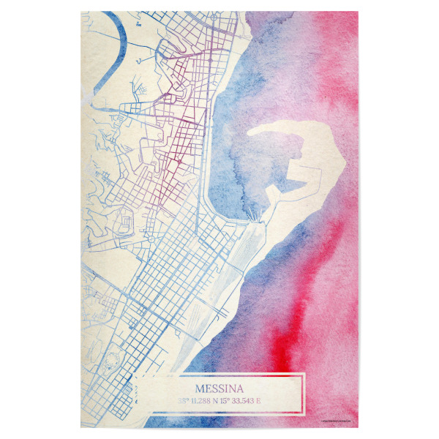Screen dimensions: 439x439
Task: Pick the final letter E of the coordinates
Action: tap(269, 400)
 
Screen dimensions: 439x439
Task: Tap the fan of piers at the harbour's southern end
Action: tap(254, 213)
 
